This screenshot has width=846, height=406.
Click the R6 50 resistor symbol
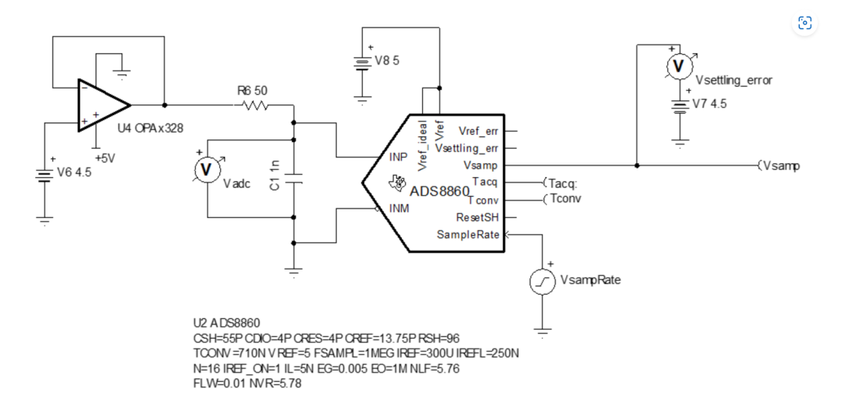click(256, 105)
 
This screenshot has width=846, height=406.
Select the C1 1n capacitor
click(294, 179)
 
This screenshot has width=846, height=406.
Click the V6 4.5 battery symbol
click(44, 175)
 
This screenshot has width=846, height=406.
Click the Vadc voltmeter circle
click(205, 170)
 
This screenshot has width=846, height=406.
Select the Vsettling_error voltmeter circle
click(679, 67)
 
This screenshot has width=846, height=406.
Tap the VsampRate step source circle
click(540, 283)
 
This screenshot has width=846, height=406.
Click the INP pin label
click(397, 157)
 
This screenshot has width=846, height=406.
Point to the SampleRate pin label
click(471, 234)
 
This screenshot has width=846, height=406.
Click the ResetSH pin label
click(478, 218)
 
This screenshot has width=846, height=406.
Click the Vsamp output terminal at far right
click(779, 165)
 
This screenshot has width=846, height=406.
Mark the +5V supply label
click(105, 158)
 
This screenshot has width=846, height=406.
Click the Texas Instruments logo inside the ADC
click(398, 183)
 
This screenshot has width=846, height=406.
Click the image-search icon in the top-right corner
click(805, 23)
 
